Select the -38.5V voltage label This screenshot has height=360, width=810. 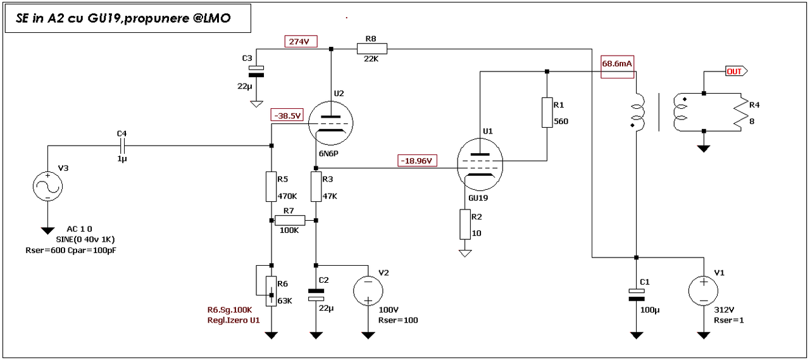pos(287,115)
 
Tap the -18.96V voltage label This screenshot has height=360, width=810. pos(418,161)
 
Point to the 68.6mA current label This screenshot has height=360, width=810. pos(617,65)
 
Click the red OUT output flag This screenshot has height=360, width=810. pos(736,71)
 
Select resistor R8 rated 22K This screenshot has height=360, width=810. pos(371,48)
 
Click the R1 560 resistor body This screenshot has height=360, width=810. pos(547,113)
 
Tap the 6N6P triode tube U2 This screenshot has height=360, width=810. pos(330,121)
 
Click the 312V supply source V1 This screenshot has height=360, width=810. pos(703,292)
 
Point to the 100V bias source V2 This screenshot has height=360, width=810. pos(367,292)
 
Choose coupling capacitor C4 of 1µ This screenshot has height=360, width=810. pos(123,145)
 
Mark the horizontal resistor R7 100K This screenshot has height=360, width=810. pos(290,220)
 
